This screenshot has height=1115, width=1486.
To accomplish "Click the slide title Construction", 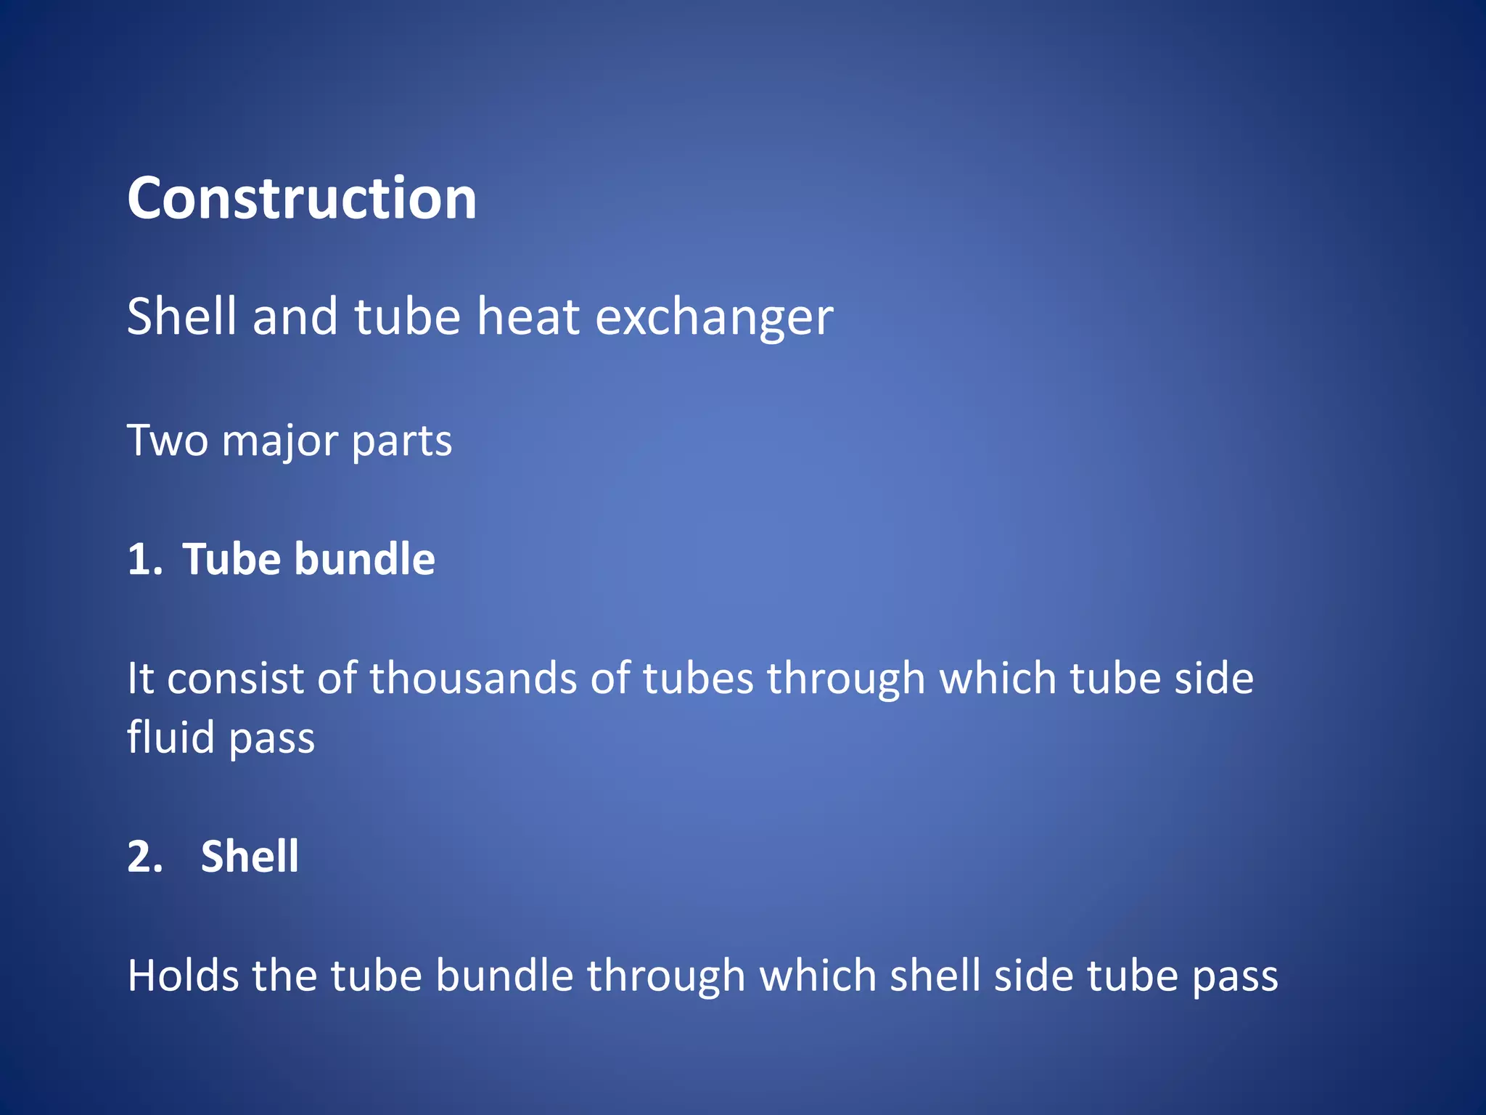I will pyautogui.click(x=302, y=198).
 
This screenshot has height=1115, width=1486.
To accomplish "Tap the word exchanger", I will pyautogui.click(x=714, y=318).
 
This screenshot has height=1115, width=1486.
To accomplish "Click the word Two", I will pyautogui.click(x=168, y=441).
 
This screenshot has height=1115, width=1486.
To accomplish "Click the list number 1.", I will pyautogui.click(x=144, y=560).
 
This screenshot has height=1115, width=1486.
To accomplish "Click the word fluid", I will pyautogui.click(x=171, y=738).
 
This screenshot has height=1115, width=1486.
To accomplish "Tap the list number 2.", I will pyautogui.click(x=144, y=857).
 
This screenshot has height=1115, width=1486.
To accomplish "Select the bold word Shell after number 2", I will pyautogui.click(x=250, y=857).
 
